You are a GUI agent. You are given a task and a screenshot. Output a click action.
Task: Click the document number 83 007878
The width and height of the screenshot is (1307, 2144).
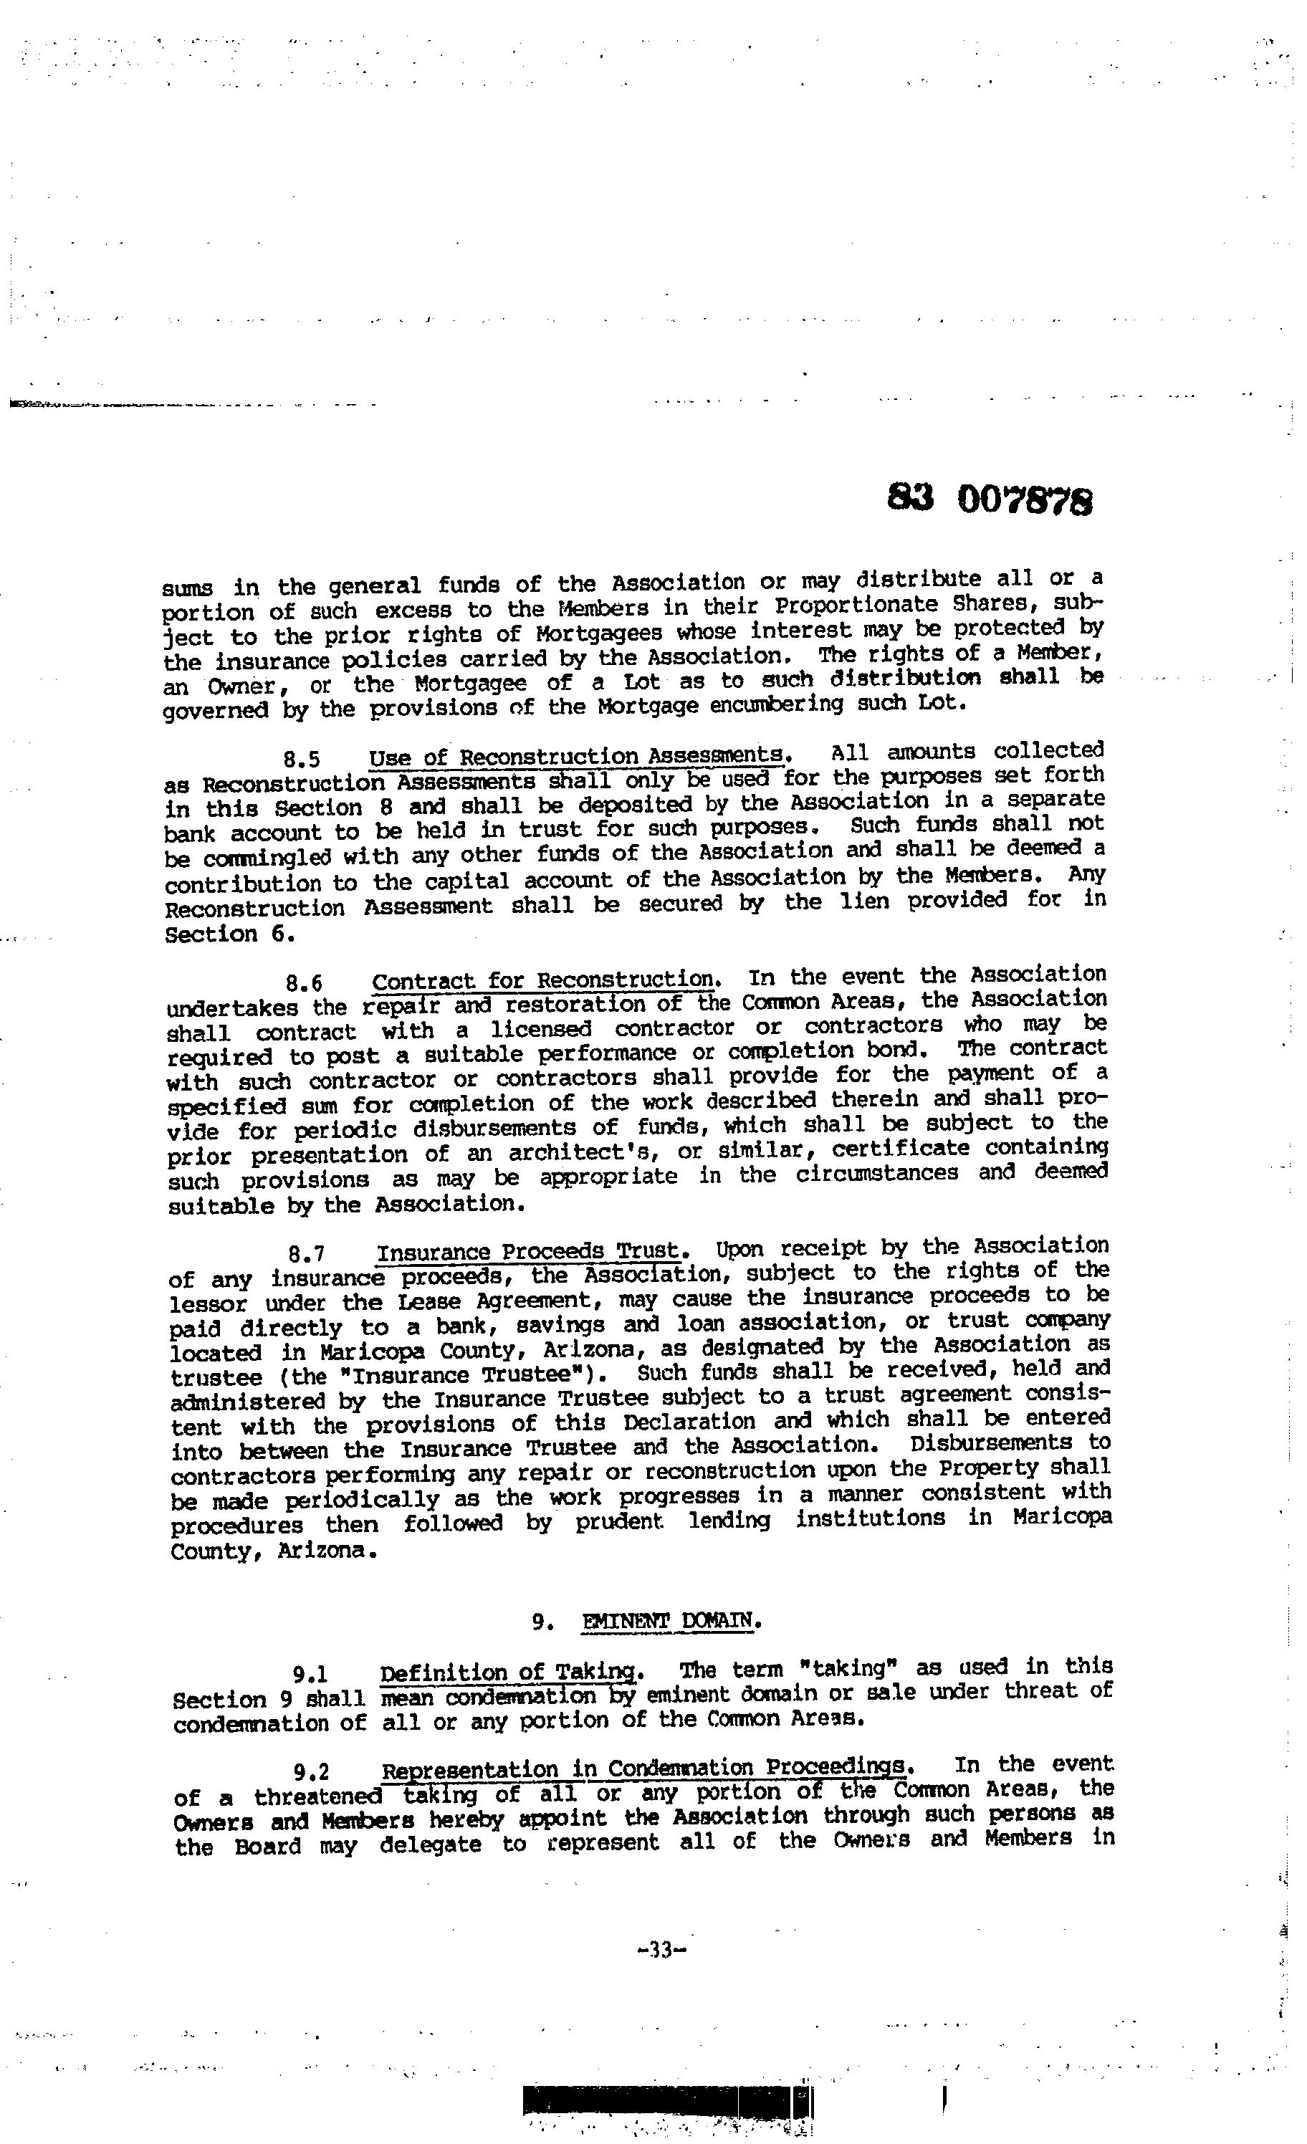[x=990, y=500]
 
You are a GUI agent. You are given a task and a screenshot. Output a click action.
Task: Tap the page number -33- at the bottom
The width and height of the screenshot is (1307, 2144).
[x=662, y=1951]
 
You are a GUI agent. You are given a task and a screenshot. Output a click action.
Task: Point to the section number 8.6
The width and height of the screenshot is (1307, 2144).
[x=305, y=983]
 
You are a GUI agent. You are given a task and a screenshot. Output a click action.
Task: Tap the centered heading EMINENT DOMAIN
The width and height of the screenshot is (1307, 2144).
[x=670, y=1620]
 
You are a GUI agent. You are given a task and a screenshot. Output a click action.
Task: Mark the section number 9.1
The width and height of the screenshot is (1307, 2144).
[x=311, y=1674]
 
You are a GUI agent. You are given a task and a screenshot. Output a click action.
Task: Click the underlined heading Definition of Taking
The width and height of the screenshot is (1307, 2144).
[x=511, y=1672]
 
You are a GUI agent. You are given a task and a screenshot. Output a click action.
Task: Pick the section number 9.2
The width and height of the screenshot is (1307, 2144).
[x=312, y=1771]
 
